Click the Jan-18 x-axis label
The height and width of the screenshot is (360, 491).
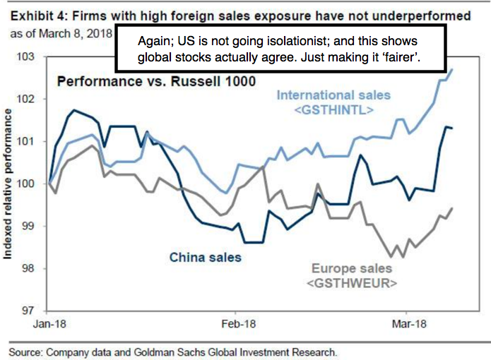tap(49, 324)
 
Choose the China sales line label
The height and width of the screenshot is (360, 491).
tap(205, 257)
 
